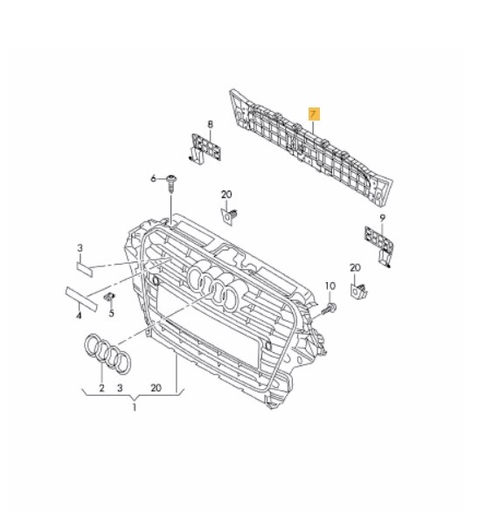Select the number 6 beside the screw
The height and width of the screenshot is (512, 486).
153,179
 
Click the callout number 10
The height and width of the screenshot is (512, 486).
330,287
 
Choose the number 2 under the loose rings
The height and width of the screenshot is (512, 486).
101,387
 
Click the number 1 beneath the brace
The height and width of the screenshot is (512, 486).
135,407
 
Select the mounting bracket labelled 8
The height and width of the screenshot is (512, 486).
203,149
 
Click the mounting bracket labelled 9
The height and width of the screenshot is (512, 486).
376,243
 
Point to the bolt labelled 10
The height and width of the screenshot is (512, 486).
330,308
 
